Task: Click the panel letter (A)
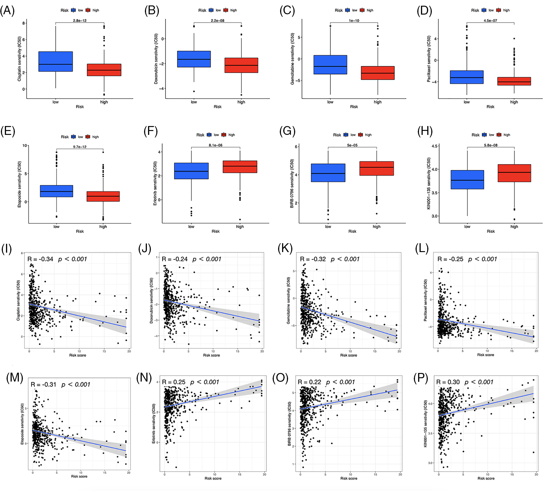[x=7, y=11]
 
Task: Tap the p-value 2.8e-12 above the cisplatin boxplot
[x=79, y=21]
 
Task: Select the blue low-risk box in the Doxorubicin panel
[x=194, y=59]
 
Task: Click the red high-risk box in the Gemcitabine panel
[x=378, y=73]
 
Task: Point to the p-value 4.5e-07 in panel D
[x=490, y=21]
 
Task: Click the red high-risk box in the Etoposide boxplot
[x=103, y=196]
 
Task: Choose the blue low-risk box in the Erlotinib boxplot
[x=191, y=171]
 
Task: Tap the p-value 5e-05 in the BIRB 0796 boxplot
[x=352, y=145]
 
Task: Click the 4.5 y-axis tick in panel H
[x=434, y=146]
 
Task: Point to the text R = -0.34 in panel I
[x=40, y=259]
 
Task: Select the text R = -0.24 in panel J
[x=175, y=259]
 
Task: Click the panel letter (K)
[x=285, y=249]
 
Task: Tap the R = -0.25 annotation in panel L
[x=450, y=259]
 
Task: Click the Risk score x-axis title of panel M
[x=79, y=476]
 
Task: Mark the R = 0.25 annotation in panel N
[x=173, y=382]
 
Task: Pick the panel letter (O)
[x=280, y=378]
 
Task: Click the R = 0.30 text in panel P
[x=448, y=382]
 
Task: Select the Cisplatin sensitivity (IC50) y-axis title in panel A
[x=19, y=59]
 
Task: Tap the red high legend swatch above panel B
[x=226, y=10]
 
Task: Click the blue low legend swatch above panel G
[x=346, y=135]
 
